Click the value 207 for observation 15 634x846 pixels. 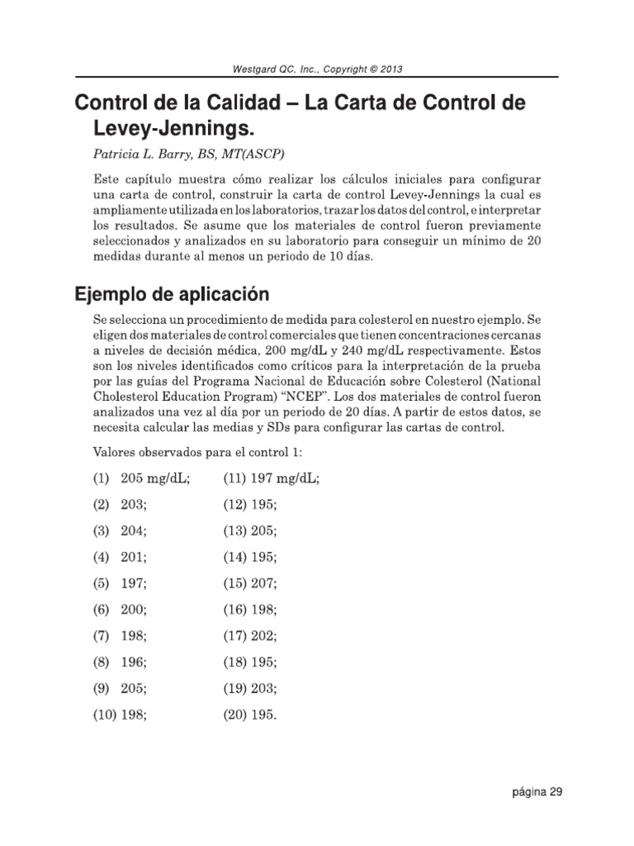tap(264, 584)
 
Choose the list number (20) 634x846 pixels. tap(235, 716)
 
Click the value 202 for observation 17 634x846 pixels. tap(264, 637)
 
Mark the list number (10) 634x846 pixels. tap(105, 716)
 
